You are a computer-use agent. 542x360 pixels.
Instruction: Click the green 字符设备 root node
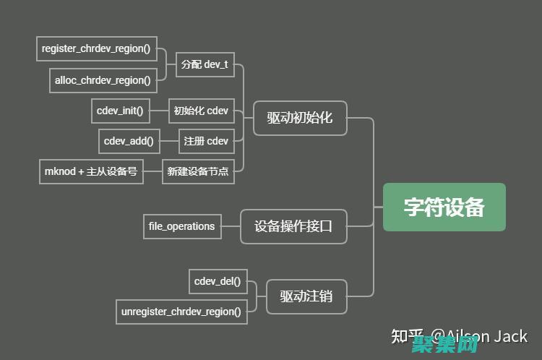[444, 207]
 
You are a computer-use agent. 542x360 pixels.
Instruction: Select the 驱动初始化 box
[300, 117]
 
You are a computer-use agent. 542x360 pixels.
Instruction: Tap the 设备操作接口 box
[293, 226]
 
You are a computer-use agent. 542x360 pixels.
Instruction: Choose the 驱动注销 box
[306, 296]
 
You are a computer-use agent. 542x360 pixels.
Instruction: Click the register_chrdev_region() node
[96, 48]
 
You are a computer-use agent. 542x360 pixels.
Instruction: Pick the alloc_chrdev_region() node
[103, 80]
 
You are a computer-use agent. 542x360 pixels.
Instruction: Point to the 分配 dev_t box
[205, 64]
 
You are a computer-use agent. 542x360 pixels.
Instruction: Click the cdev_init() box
[120, 111]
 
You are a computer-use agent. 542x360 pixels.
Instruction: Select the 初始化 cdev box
[201, 111]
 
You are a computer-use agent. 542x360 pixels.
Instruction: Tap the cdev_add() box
[129, 141]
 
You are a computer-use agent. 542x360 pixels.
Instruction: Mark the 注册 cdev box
[206, 141]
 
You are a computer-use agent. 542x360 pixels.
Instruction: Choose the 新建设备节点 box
[198, 171]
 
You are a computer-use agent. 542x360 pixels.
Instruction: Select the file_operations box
[181, 226]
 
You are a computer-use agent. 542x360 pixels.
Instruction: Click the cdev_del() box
[218, 281]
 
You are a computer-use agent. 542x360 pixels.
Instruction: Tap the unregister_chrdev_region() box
[181, 312]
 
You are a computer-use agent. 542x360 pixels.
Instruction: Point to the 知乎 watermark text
[407, 336]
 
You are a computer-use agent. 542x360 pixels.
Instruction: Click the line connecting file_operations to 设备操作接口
[231, 226]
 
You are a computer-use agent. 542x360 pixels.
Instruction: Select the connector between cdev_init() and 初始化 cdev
[159, 111]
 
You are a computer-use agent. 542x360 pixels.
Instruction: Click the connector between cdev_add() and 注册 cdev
[169, 141]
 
